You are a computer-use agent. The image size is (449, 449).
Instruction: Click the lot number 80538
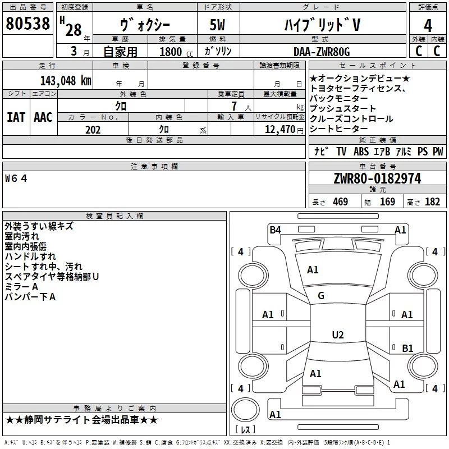pos(28,24)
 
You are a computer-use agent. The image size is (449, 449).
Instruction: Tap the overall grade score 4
pos(428,26)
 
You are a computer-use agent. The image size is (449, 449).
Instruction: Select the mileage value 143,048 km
pos(66,80)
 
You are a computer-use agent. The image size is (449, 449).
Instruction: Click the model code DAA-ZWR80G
pos(322,52)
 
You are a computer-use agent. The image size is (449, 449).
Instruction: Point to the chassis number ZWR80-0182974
pos(377,178)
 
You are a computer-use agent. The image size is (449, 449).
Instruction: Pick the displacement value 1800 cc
pos(176,52)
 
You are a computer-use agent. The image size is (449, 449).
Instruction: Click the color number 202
pos(93,130)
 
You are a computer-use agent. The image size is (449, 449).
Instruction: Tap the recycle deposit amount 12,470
pos(280,129)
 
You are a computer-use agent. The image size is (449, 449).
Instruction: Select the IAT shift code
pos(16,117)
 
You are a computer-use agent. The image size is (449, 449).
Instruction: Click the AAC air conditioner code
pos(43,117)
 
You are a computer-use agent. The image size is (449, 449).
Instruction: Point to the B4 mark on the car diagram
pos(275,230)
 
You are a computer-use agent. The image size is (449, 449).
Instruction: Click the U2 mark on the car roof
pos(338,335)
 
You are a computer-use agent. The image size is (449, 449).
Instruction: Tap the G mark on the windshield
pos(321,296)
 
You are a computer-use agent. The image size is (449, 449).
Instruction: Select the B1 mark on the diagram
pos(407,348)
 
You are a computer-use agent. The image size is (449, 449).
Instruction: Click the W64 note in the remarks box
pos(16,178)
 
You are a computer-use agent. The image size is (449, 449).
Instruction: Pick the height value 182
pos(432,201)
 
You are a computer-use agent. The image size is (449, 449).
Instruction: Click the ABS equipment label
pos(361,151)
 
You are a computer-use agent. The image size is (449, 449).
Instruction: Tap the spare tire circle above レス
pos(245,410)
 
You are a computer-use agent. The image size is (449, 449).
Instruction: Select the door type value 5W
pos(217,25)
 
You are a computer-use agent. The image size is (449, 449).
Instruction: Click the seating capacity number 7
pos(234,106)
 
